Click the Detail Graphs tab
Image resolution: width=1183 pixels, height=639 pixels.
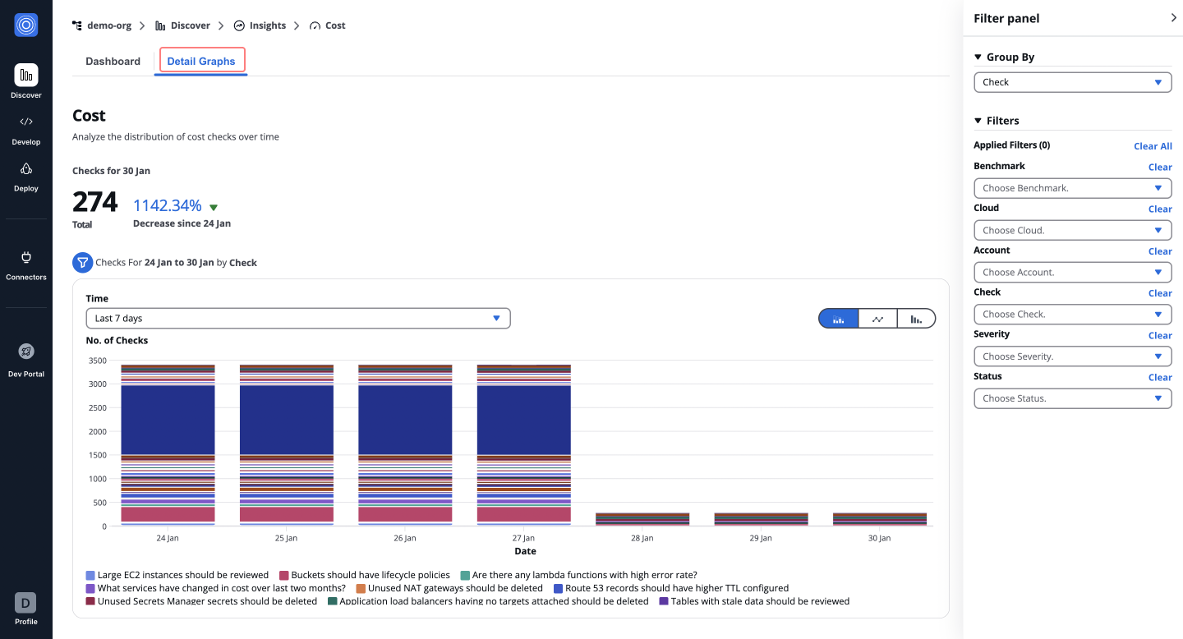201,61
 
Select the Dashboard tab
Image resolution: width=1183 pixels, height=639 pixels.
113,61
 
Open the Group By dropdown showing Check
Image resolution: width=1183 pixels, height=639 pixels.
1072,82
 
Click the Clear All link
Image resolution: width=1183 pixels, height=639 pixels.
1153,146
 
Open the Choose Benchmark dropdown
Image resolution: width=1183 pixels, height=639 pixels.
1072,188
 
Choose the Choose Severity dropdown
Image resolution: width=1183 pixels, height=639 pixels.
1072,356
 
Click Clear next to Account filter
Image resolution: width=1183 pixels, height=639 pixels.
1160,251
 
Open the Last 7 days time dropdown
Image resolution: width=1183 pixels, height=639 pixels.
297,318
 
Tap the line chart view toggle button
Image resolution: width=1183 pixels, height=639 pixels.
877,319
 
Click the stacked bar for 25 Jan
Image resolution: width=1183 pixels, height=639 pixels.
286,444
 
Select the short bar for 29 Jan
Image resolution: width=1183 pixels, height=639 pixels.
761,519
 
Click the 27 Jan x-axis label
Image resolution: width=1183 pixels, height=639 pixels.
523,538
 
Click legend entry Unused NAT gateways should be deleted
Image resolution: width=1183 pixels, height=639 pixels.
454,588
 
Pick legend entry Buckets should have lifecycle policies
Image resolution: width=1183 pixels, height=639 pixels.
370,575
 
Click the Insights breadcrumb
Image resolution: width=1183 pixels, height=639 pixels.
267,25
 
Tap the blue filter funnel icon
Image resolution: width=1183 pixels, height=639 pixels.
82,263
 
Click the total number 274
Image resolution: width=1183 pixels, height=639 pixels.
95,202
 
